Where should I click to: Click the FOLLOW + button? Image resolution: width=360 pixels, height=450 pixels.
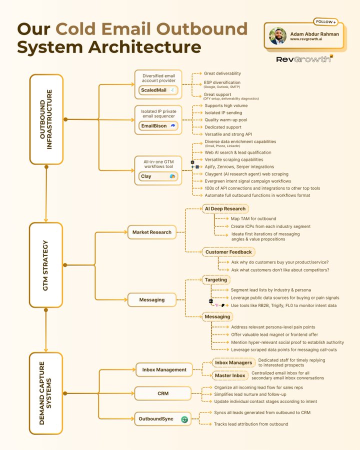[x=325, y=21]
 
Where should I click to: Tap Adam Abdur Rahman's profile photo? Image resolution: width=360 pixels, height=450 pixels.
[x=277, y=36]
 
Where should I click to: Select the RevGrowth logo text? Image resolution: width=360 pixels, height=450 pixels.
[x=304, y=59]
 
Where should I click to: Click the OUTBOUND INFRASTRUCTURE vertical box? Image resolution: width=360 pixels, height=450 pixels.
[x=46, y=119]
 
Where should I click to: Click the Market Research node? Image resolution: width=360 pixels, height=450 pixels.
[x=151, y=232]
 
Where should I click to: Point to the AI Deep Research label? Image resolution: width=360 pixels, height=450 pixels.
[x=225, y=208]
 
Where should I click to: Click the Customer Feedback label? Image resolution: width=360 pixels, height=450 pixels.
[x=228, y=252]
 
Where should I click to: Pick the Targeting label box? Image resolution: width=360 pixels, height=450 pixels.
[x=216, y=279]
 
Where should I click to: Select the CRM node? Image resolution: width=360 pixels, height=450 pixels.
[x=163, y=393]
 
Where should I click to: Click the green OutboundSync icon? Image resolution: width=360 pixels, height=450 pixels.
[x=184, y=419]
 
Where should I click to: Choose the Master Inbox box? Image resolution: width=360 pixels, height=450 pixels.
[x=230, y=375]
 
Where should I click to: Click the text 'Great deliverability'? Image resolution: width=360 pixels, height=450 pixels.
[x=222, y=73]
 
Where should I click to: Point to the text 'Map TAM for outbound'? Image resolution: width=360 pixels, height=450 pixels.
[x=253, y=218]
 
